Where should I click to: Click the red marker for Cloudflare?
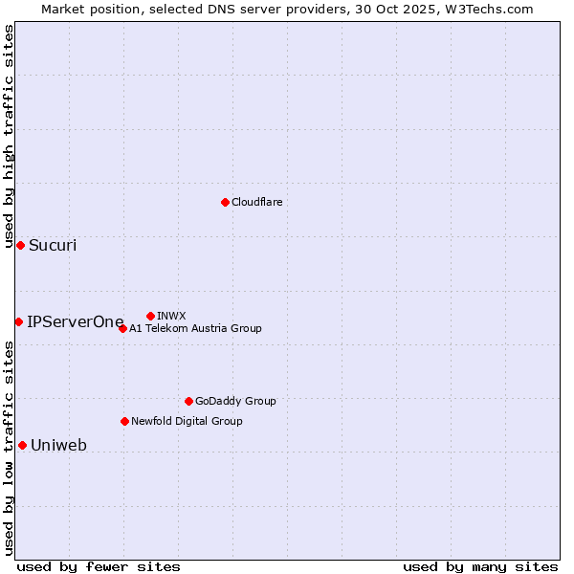click(225, 202)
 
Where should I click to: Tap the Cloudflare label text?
click(257, 202)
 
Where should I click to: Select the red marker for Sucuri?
click(20, 245)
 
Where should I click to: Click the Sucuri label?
click(53, 245)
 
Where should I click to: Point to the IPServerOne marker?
click(18, 321)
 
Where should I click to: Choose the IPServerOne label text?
click(76, 321)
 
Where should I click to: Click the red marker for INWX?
click(150, 316)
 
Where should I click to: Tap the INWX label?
click(171, 316)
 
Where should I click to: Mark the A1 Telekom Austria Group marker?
click(122, 328)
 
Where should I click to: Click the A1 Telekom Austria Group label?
click(195, 328)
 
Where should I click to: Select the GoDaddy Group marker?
click(188, 401)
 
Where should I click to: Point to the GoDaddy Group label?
click(235, 401)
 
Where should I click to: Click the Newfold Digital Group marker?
click(124, 421)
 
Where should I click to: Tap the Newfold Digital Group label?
click(187, 421)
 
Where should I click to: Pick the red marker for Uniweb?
click(22, 445)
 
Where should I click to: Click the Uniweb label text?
click(58, 445)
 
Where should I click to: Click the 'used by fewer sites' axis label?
click(99, 566)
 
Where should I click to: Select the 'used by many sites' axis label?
click(480, 566)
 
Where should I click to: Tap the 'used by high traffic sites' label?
click(9, 136)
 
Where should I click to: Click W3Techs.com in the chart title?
click(493, 9)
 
